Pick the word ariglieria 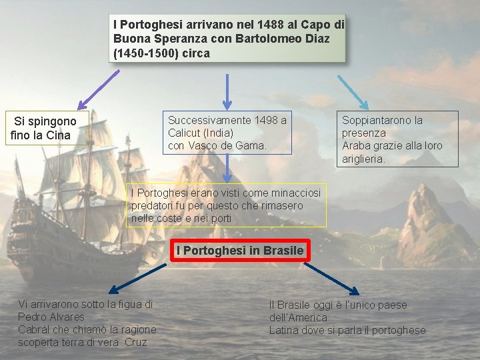[x=363, y=159]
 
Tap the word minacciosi [x=295, y=193]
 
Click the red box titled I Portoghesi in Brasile [x=240, y=251]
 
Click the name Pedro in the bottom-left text [x=32, y=317]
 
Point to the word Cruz [x=134, y=342]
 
